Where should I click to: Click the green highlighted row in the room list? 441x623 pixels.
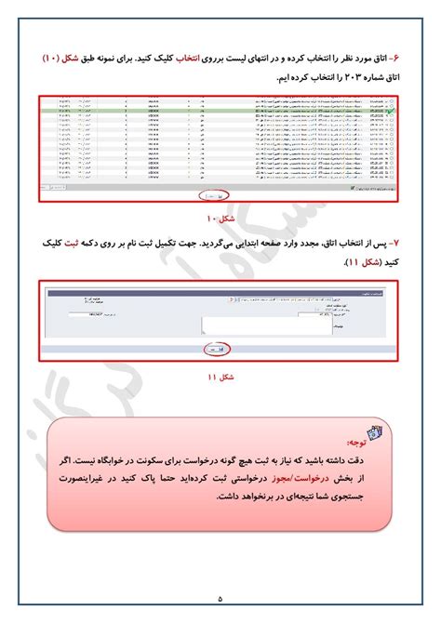tap(214, 112)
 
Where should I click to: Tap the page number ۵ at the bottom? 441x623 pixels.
tap(220, 597)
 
